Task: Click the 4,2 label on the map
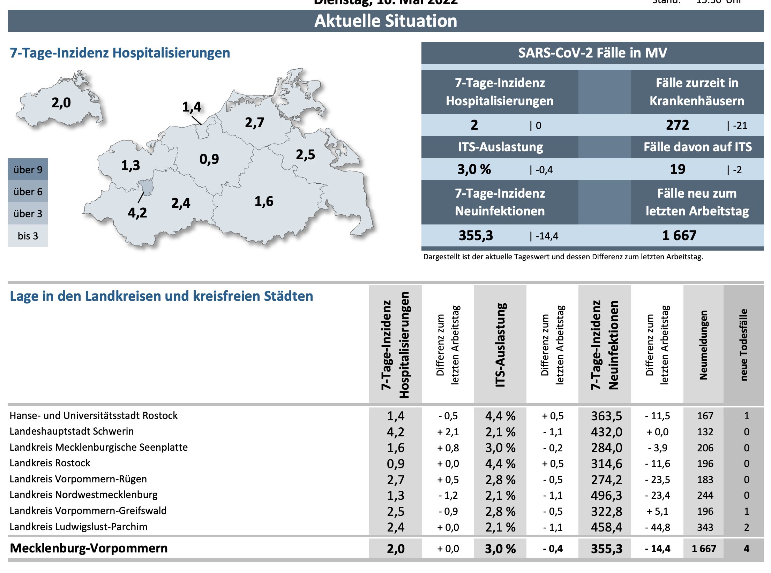(x=137, y=213)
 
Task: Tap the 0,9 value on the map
(x=209, y=159)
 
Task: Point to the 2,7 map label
(x=254, y=123)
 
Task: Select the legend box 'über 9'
(x=28, y=170)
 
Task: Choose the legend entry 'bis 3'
(x=28, y=236)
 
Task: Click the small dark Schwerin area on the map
(x=146, y=188)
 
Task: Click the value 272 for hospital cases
(x=677, y=125)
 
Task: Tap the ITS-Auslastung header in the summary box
(x=500, y=147)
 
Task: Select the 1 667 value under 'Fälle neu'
(x=679, y=236)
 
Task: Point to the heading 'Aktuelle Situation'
(x=385, y=21)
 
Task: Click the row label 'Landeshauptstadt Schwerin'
(x=72, y=431)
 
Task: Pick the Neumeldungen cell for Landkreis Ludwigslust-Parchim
(x=705, y=527)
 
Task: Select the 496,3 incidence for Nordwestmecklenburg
(x=606, y=496)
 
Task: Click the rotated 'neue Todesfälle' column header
(x=743, y=344)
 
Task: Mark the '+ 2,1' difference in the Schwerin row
(x=448, y=432)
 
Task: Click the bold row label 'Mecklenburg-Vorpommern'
(x=89, y=548)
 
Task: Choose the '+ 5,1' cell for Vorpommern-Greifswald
(x=657, y=512)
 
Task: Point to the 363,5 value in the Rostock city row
(x=606, y=416)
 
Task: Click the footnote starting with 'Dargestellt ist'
(x=563, y=257)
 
